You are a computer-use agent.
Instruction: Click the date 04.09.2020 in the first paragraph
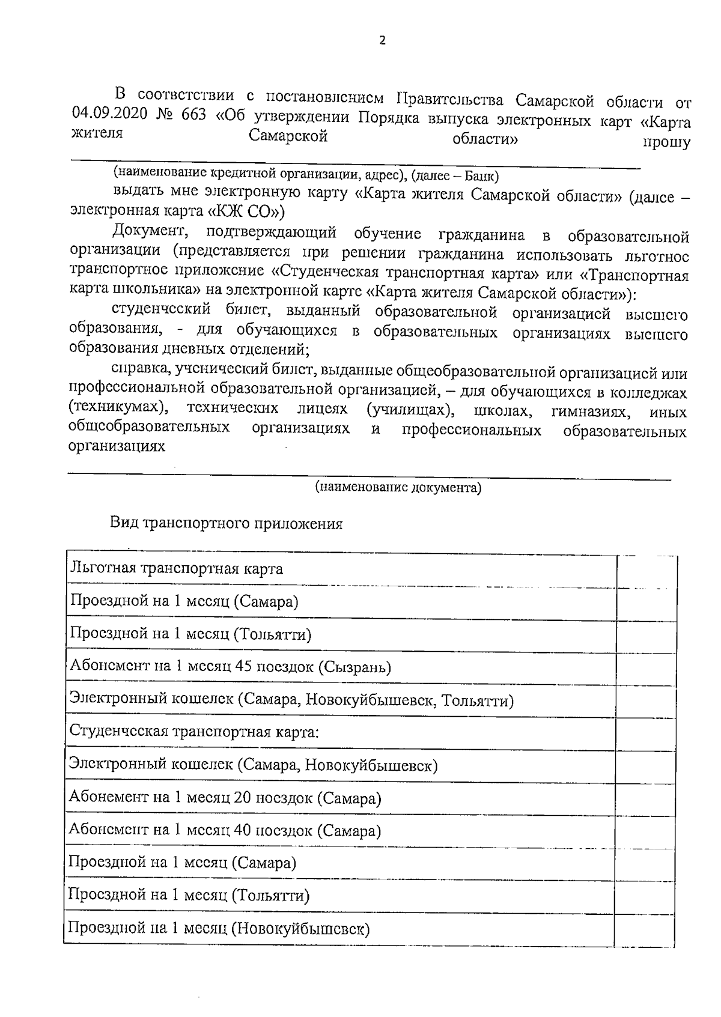point(109,115)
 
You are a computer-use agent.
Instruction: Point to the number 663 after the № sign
point(192,115)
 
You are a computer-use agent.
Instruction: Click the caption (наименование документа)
point(398,488)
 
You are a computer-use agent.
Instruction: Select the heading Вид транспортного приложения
point(226,524)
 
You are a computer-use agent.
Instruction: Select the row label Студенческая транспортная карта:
point(193,732)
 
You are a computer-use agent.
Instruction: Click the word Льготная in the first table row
point(103,568)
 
